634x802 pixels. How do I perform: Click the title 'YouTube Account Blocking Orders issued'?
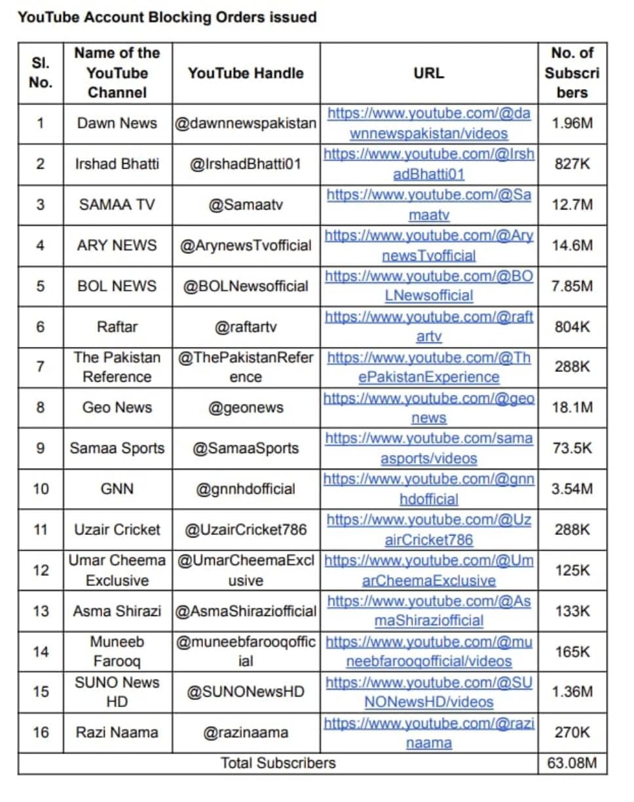coord(167,18)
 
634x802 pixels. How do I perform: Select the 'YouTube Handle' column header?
coord(246,73)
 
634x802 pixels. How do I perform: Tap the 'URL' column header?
coord(429,73)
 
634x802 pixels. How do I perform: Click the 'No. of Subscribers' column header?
coord(572,73)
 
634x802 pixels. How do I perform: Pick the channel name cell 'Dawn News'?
coord(117,123)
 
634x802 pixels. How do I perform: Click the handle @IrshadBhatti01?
coord(246,164)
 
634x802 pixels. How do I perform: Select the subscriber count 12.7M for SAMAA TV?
coord(572,204)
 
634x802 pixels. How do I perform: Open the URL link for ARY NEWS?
coord(429,246)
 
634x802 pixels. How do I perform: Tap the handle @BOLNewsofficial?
coord(246,286)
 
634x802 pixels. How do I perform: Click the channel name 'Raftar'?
coord(117,326)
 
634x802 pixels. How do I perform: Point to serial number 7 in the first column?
coord(41,367)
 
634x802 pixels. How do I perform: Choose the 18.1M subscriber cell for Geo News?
coord(572,407)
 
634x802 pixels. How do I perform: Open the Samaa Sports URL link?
coord(429,448)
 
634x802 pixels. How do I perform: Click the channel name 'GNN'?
coord(117,488)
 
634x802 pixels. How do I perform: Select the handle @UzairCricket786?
coord(246,529)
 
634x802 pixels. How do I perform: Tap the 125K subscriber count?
coord(572,570)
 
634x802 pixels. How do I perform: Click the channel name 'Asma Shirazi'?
coord(117,611)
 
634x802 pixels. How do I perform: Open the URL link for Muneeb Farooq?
coord(429,651)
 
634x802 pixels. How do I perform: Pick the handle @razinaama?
coord(246,732)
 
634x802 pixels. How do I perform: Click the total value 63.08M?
coord(572,763)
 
